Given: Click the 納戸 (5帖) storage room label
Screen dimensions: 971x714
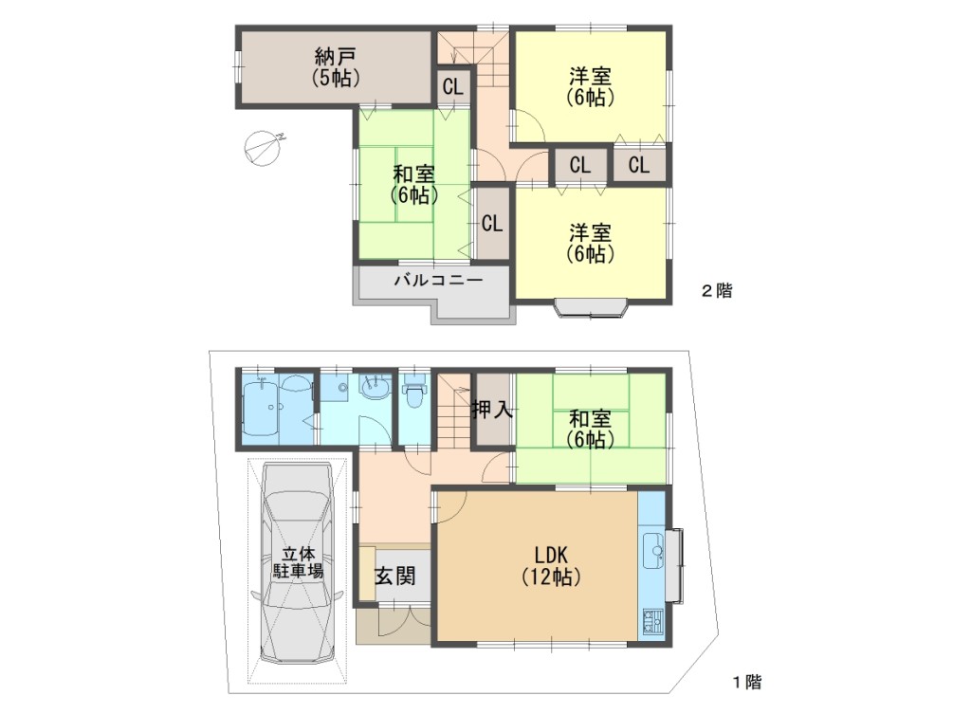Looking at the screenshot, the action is tap(335, 67).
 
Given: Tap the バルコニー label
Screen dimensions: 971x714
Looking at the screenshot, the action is tap(438, 281).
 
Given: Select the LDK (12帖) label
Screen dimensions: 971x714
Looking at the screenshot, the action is tap(551, 565).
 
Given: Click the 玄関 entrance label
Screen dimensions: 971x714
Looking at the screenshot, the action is tap(395, 577).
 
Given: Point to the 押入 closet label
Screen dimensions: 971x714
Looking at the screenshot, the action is tap(493, 409).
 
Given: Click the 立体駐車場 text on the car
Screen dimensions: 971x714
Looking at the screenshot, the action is tap(298, 561).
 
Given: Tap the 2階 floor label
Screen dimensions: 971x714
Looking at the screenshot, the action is tap(717, 290).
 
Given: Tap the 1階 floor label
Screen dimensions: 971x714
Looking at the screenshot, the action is tap(747, 682).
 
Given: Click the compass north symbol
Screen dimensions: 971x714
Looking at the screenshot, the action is tap(264, 148).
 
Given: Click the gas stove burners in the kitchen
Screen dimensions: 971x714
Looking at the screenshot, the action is tap(652, 621).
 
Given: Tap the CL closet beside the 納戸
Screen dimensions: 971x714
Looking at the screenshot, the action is tap(452, 86).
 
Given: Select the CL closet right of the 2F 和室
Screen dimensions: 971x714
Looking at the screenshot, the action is tap(492, 223).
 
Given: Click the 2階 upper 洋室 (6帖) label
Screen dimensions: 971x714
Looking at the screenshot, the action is tap(590, 87).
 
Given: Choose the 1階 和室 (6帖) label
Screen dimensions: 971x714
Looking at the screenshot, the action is tap(590, 430).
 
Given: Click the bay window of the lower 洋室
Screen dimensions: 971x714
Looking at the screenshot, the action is tap(591, 308).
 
